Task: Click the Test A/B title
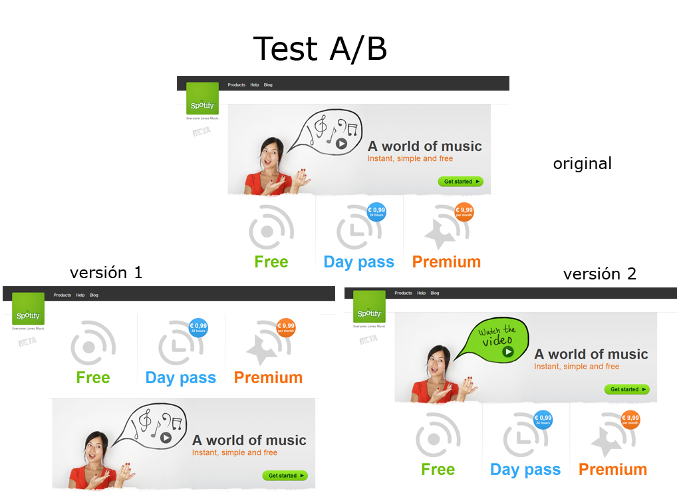pos(320,49)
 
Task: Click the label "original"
pos(582,163)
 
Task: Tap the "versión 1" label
pos(106,272)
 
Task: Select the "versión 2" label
pos(599,273)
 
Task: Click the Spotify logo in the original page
pos(202,98)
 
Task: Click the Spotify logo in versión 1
pos(28,309)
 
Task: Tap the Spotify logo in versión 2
pos(369,307)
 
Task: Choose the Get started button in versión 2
pos(626,389)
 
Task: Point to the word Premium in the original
pos(446,261)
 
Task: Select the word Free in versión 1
pos(93,377)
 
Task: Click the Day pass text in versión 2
pos(525,469)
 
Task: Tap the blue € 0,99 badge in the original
pos(376,212)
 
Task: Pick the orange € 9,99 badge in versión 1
pos(286,328)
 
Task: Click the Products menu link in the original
pos(236,85)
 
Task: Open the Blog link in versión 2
pos(435,293)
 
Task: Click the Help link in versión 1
pos(80,295)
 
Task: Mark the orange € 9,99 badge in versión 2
pos(630,420)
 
